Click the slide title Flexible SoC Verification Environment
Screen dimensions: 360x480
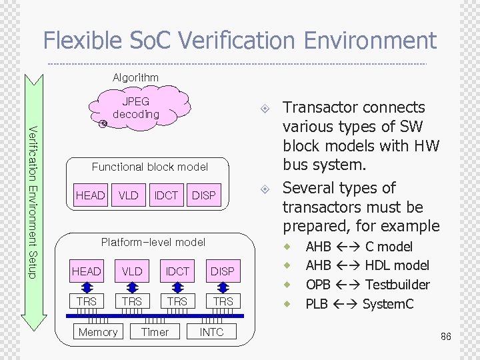[x=239, y=41]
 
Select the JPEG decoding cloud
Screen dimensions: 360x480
[x=136, y=108]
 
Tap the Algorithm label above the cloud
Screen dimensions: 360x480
[x=135, y=78]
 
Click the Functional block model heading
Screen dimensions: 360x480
[x=149, y=167]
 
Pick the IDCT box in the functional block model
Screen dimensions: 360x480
[x=166, y=195]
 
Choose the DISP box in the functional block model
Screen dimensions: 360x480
[x=203, y=195]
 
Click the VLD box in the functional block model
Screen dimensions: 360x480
[x=128, y=195]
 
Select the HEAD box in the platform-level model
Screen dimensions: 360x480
[x=87, y=271]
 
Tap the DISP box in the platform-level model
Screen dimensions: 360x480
[x=222, y=271]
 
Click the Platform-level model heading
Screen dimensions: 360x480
[x=153, y=242]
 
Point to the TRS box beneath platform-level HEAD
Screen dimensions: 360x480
[x=87, y=301]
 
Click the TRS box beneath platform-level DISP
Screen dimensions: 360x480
[x=222, y=301]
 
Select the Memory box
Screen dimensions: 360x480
[x=98, y=332]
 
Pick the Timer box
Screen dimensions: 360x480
[x=155, y=332]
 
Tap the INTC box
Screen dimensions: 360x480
[x=212, y=332]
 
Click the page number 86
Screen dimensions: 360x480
[x=445, y=337]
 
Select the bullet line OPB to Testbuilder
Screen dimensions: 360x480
[x=367, y=285]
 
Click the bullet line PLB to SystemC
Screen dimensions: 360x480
[x=359, y=304]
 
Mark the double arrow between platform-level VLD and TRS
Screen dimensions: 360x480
[x=132, y=287]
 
